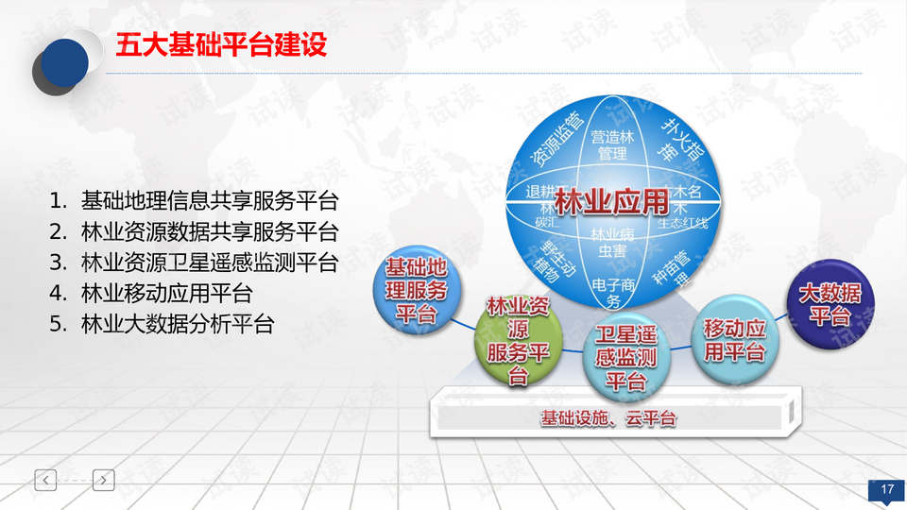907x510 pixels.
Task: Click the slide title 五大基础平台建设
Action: (221, 45)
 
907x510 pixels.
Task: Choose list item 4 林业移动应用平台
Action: (166, 294)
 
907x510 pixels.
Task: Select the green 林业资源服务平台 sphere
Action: (518, 340)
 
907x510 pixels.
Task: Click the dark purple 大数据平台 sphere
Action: (830, 304)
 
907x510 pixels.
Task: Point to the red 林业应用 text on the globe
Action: (610, 201)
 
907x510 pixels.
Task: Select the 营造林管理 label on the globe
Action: (610, 144)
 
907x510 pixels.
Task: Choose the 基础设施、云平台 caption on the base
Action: (608, 417)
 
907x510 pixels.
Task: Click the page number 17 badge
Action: (886, 489)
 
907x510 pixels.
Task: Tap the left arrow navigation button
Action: (46, 480)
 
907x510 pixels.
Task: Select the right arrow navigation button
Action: (104, 480)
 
